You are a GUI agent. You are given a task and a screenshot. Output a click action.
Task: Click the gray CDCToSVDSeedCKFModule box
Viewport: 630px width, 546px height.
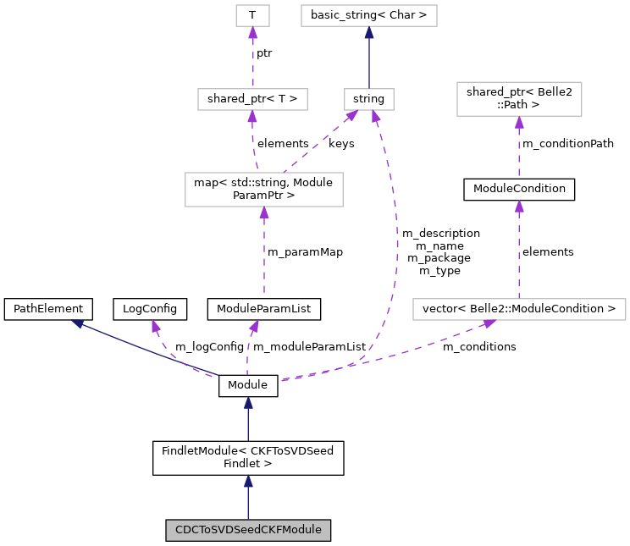point(247,530)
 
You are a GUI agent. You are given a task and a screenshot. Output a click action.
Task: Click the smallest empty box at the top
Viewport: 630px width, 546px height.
point(252,15)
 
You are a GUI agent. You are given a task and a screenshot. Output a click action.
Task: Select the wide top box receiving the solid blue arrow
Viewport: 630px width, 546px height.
point(368,15)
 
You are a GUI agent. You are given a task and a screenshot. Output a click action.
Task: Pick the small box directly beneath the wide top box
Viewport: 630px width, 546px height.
point(368,99)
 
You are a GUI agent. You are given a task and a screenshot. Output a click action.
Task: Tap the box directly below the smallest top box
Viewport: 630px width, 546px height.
point(252,99)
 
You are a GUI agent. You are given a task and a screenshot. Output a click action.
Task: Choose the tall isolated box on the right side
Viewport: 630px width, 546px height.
point(519,99)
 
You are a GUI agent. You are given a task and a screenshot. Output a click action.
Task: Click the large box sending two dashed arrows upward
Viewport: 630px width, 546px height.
point(263,189)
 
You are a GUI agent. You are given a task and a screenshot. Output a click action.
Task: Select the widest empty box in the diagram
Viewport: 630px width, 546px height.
point(519,309)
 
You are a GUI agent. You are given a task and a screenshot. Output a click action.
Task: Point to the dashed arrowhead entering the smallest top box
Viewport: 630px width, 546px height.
point(252,33)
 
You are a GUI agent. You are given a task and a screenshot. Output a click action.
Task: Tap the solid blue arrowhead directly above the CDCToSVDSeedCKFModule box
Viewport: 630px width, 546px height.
point(248,482)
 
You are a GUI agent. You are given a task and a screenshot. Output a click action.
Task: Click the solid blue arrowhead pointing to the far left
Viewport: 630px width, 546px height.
point(77,323)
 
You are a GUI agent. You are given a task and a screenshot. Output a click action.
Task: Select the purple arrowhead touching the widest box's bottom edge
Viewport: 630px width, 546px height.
point(489,323)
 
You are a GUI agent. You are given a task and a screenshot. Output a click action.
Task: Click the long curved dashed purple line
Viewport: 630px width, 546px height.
point(395,254)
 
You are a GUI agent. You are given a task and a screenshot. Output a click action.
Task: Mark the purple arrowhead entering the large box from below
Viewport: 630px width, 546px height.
point(264,213)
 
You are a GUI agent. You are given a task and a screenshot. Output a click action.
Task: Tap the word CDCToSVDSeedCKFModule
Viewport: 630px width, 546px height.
point(247,530)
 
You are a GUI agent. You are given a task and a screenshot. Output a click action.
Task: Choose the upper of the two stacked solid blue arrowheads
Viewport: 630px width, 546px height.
point(248,403)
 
